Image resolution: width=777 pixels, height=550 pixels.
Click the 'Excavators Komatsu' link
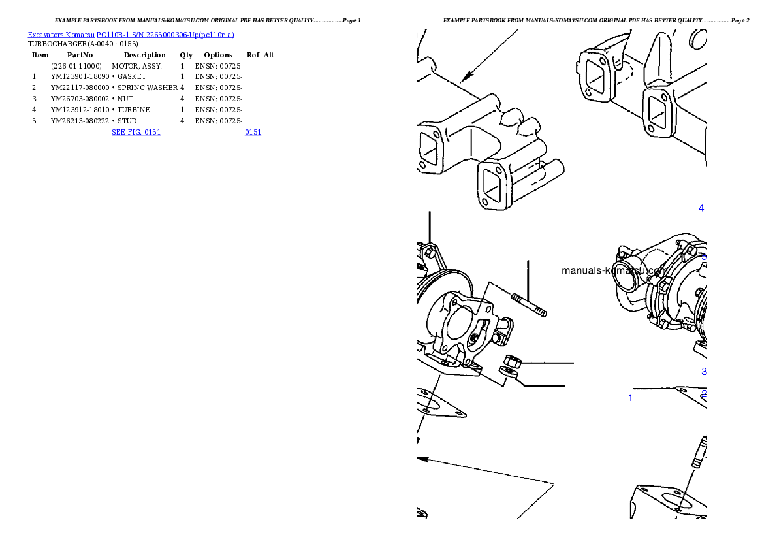click(61, 35)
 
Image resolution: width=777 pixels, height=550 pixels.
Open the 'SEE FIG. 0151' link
click(136, 132)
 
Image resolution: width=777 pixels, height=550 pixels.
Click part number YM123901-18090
click(80, 77)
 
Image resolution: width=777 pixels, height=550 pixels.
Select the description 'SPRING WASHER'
click(148, 88)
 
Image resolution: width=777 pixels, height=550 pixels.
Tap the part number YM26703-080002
click(80, 99)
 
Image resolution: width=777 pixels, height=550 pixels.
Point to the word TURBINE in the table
click(134, 110)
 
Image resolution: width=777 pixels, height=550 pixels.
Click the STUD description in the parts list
click(127, 121)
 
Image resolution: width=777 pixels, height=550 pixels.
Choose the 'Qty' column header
click(186, 55)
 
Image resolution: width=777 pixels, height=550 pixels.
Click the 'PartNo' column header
click(80, 55)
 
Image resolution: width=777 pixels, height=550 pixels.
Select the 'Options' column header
click(218, 55)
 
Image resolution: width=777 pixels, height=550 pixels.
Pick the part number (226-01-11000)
click(76, 66)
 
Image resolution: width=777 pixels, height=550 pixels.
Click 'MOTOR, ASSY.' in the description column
click(136, 66)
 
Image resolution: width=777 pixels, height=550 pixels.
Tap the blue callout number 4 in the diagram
click(701, 208)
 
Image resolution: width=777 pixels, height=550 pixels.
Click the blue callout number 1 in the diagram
click(630, 398)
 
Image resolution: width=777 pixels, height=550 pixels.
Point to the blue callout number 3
click(704, 372)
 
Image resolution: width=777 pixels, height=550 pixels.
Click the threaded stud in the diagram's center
click(530, 305)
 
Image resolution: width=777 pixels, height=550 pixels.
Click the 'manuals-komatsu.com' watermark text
click(614, 271)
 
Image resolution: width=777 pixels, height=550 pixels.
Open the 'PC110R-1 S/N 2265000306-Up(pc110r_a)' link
click(165, 35)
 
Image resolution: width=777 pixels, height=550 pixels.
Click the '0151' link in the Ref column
click(253, 132)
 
